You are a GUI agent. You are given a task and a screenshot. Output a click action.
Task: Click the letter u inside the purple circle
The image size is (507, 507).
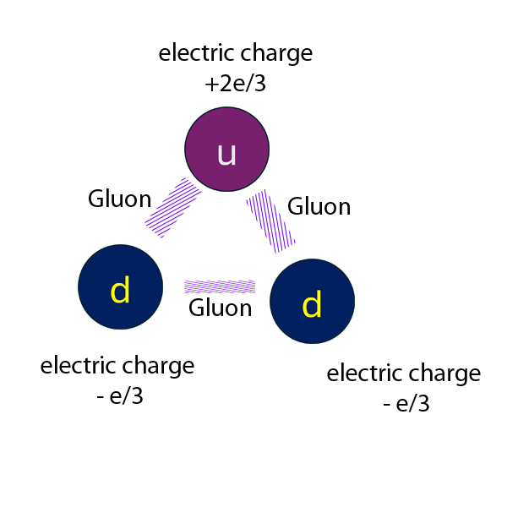click(226, 153)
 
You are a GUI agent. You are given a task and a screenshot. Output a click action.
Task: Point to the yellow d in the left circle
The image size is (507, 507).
click(121, 291)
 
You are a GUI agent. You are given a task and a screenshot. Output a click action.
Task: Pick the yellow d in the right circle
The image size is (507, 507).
click(312, 305)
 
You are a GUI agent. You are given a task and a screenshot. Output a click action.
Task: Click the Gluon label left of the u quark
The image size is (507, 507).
click(120, 199)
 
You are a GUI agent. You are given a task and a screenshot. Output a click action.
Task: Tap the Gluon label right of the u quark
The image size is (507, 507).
click(319, 206)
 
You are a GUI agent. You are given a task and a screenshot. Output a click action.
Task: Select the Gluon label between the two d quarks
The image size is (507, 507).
click(220, 308)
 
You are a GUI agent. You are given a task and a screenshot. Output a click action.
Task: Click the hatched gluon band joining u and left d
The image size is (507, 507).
click(173, 207)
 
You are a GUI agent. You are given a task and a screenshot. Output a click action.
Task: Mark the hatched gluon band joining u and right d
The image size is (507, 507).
click(270, 221)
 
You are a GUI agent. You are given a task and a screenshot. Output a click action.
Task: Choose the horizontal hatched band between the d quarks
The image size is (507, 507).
click(220, 286)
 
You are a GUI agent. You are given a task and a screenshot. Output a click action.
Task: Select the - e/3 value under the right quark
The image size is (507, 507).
click(406, 404)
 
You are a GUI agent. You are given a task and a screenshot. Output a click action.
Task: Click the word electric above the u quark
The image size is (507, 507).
click(196, 54)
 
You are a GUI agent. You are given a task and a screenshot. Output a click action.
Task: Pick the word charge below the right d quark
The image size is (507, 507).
click(444, 374)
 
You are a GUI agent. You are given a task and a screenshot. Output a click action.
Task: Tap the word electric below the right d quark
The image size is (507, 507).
click(364, 373)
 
